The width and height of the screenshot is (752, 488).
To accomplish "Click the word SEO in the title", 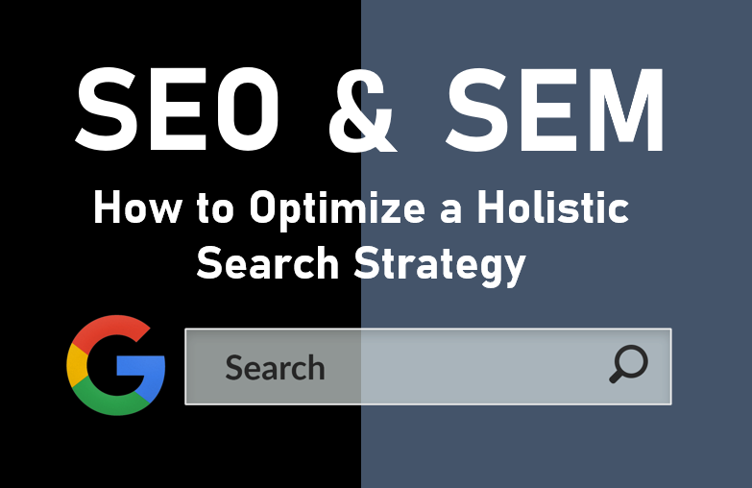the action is [x=177, y=110].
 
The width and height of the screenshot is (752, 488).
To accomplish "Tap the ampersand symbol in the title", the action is [x=362, y=110].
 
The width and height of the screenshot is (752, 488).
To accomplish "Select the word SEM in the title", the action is [x=555, y=110].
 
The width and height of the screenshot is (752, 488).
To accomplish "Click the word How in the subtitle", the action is [x=137, y=207].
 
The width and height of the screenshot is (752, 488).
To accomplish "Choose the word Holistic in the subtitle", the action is [x=552, y=207].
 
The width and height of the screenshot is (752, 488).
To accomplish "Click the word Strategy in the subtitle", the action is [x=440, y=266].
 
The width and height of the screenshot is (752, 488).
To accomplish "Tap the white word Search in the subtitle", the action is [x=268, y=263].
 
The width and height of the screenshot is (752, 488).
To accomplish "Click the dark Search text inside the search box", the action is [x=275, y=368].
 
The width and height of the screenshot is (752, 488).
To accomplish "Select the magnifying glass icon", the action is [x=629, y=364].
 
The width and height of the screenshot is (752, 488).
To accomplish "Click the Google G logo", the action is [x=115, y=365].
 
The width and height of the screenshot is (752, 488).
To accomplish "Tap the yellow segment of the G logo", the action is [x=77, y=365].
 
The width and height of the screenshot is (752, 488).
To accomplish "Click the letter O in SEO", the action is [x=248, y=110].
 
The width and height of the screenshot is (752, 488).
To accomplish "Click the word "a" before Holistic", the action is [x=450, y=212].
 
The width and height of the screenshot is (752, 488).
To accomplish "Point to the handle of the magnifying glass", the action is [x=617, y=377].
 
